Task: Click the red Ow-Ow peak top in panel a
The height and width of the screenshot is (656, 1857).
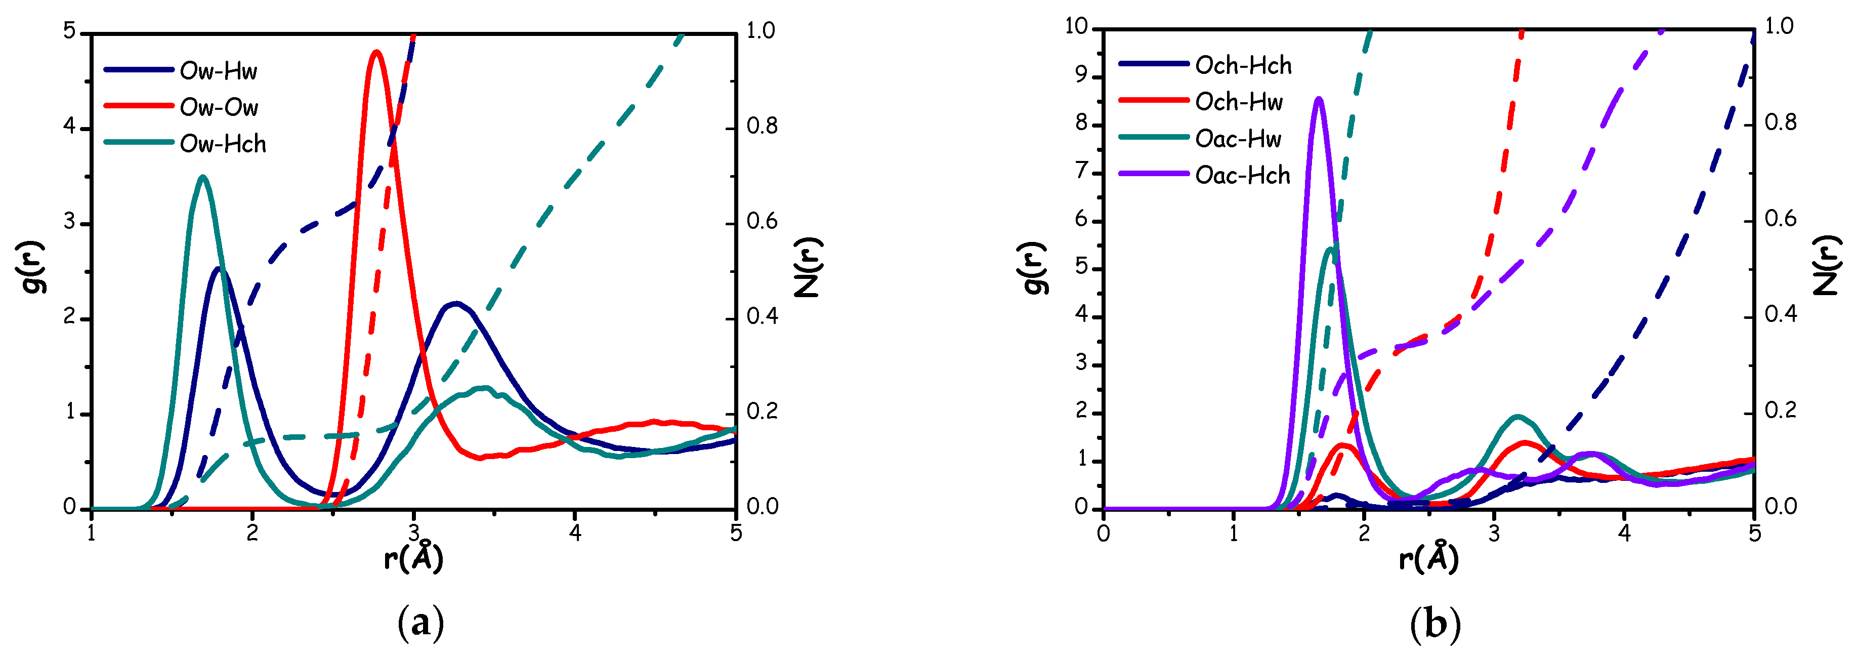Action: pos(375,52)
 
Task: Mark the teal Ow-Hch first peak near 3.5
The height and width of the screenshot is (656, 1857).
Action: pos(202,177)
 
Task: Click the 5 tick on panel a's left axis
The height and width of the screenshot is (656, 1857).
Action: pos(70,32)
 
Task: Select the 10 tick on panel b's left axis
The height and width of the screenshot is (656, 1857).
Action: pos(1076,27)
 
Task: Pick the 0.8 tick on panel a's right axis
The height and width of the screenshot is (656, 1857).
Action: pos(761,127)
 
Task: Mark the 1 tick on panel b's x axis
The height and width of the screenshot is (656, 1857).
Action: pos(1234,534)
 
